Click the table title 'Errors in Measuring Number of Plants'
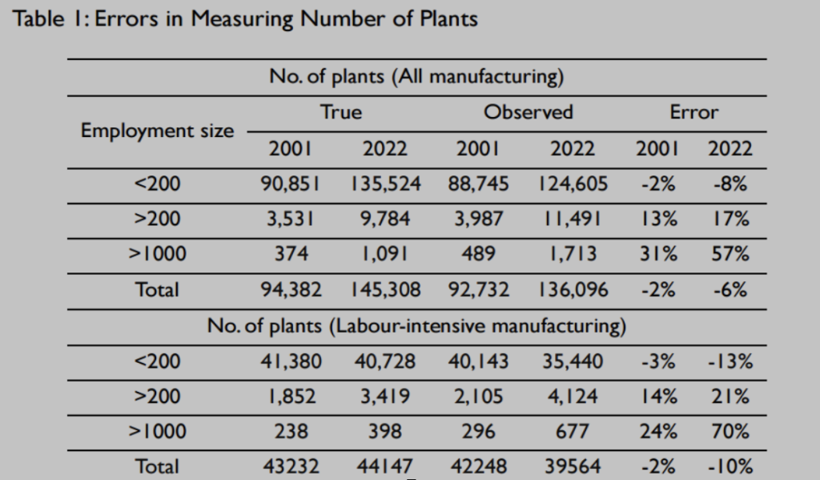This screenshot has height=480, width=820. (247, 20)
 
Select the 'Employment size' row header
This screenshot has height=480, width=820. (158, 131)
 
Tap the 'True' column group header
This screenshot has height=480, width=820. (340, 112)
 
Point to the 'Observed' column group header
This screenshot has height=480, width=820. (528, 112)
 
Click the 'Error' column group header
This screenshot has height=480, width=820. (694, 112)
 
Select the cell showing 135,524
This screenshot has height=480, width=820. (384, 184)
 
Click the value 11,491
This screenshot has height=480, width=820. (573, 220)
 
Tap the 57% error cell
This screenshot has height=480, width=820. (729, 255)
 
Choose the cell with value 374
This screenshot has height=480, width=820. (291, 255)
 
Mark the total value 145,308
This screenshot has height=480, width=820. (384, 290)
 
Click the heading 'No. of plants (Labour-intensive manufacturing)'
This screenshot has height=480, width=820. (416, 326)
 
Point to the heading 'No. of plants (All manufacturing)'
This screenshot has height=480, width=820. (416, 78)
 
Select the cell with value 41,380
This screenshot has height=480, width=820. (291, 361)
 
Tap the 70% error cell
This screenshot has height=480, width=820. (730, 432)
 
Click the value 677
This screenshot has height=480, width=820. (573, 432)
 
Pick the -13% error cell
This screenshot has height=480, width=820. (730, 361)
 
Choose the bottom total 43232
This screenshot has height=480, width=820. (291, 466)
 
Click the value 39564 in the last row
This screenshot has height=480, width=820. (573, 466)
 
